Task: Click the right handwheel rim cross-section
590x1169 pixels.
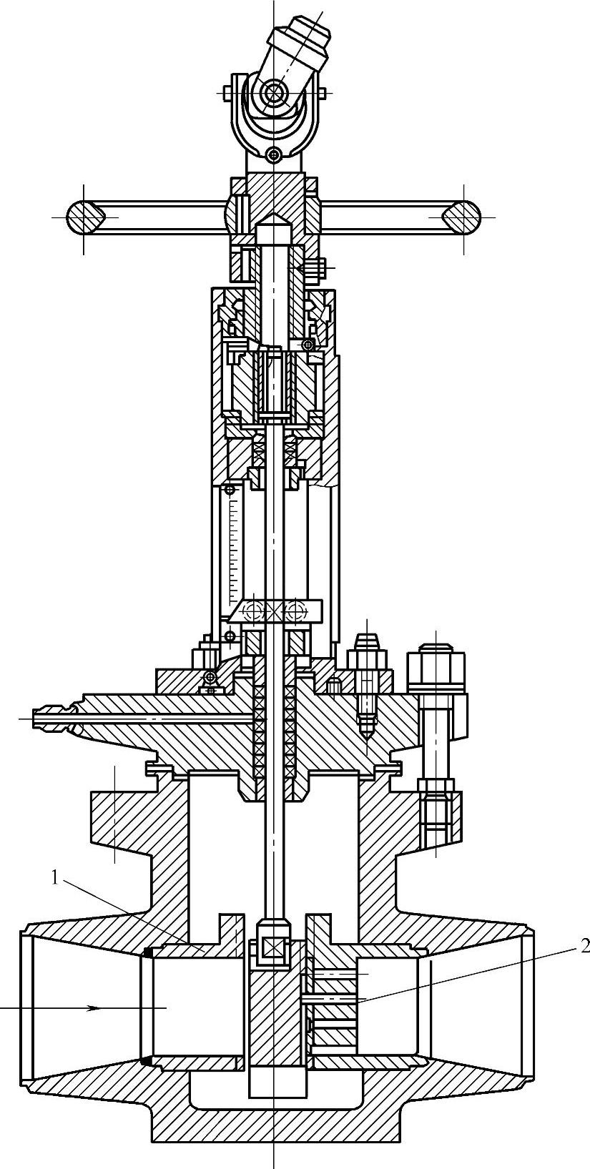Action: coord(461,216)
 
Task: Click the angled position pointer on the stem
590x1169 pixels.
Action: coord(275,610)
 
